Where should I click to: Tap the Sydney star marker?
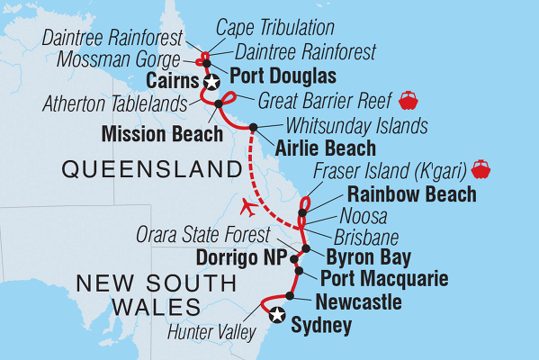point(277,315)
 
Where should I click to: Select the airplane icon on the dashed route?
point(251,208)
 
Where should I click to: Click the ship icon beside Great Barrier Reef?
point(409,97)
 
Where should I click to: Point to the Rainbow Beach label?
point(399,194)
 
